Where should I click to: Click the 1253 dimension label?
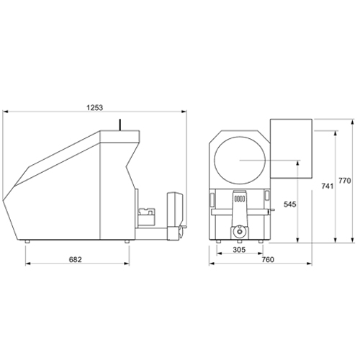[94, 108]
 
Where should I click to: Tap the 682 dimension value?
[76, 259]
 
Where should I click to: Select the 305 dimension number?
[239, 250]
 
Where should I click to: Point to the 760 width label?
[268, 259]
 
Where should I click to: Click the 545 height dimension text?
[290, 204]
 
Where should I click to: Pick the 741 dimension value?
[328, 186]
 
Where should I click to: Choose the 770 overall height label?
[345, 180]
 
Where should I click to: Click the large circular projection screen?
[240, 160]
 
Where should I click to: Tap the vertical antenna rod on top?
[120, 125]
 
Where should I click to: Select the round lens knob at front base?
[239, 231]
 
